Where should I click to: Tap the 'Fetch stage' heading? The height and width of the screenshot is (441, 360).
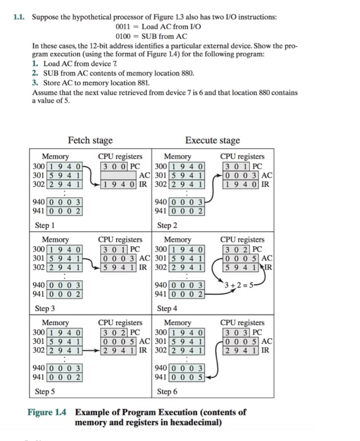pos(90,140)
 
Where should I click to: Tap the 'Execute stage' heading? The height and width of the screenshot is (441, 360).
pos(213,140)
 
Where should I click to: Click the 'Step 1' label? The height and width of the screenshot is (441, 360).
pos(45,224)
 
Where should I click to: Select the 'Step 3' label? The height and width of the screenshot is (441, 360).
pos(45,309)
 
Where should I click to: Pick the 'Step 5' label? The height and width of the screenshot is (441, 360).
pos(45,391)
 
